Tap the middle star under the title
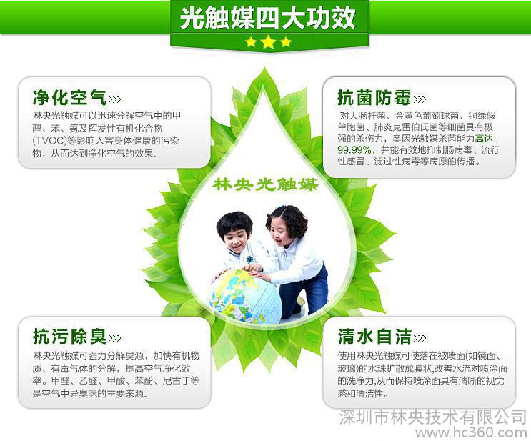pos(269,42)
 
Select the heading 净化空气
pos(70,97)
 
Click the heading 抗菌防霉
pos(374,97)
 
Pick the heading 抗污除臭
pos(70,337)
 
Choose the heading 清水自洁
pos(374,337)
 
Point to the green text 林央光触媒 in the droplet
pos(266,184)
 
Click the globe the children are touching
pos(246,295)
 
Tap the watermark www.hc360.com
pos(471,432)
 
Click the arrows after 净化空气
pos(114,99)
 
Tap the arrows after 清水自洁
pos(420,337)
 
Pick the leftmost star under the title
pos(251,42)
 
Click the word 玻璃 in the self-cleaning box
pos(347,369)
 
